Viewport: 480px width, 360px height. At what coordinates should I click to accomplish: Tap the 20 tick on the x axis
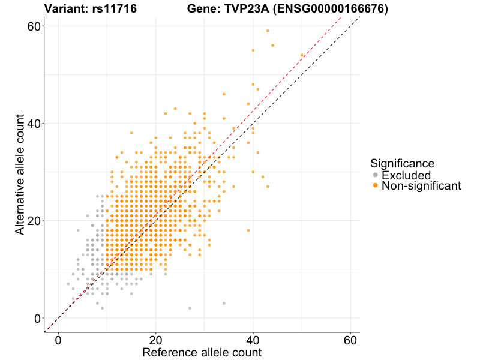(x=156, y=340)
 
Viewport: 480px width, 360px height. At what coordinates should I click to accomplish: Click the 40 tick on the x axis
(x=253, y=340)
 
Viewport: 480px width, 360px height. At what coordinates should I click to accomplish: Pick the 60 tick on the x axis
(x=350, y=340)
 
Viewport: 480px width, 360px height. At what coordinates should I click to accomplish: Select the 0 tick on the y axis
(x=37, y=318)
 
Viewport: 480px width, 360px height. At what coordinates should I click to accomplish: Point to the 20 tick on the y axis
(x=34, y=221)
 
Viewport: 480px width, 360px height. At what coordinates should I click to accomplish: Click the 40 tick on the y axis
(x=34, y=124)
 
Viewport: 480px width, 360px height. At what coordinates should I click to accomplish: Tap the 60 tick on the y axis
(x=34, y=26)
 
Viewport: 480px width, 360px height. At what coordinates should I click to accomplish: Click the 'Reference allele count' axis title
(x=202, y=352)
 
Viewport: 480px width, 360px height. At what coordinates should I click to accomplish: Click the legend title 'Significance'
(x=402, y=163)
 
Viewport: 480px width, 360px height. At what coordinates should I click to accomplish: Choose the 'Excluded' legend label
(x=406, y=175)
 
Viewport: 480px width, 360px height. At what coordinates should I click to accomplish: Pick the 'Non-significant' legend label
(x=421, y=186)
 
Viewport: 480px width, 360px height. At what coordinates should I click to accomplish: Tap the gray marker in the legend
(x=376, y=175)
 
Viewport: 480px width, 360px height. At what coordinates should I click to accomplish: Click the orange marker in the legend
(x=376, y=186)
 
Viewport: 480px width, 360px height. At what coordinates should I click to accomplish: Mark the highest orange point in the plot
(x=268, y=31)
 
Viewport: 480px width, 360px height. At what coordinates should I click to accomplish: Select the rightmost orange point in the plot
(x=302, y=55)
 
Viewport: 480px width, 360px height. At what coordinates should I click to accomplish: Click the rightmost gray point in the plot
(x=224, y=304)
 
